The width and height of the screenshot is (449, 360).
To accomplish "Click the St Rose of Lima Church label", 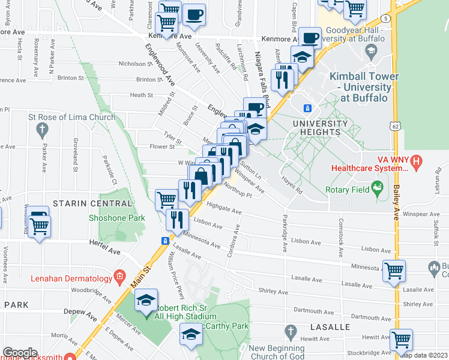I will point(71,117).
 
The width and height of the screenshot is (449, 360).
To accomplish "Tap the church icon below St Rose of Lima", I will point(42,129).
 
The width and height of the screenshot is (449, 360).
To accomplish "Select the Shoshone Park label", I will point(117,218).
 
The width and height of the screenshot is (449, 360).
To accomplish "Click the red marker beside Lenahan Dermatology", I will point(120,278).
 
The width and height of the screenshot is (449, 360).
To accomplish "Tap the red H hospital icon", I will point(418,161).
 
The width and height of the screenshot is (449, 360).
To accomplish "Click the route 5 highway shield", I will point(384,19).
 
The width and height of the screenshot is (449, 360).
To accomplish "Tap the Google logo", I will point(20,352).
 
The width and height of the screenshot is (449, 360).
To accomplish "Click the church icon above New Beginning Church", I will point(291,331).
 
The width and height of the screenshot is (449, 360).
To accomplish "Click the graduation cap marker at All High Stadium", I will point(146,299).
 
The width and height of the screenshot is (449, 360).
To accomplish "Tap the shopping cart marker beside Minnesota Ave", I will point(394,271).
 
